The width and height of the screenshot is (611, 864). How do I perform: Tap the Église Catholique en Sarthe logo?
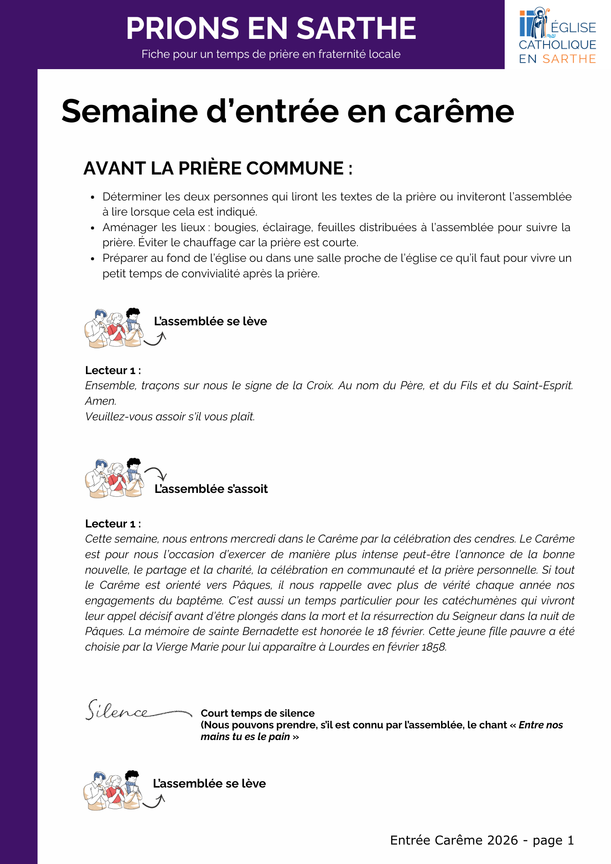(557, 35)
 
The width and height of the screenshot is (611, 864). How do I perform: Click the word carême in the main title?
(454, 111)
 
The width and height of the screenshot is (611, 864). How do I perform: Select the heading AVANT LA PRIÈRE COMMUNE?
(218, 168)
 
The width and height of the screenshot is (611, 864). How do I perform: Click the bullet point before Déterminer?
(92, 197)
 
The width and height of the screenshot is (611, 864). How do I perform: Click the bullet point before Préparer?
(92, 259)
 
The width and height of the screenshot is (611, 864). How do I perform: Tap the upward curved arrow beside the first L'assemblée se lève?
(156, 339)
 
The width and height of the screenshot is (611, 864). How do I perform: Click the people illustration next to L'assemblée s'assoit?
(114, 478)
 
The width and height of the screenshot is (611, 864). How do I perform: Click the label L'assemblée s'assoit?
(211, 489)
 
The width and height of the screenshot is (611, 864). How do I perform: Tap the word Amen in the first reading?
(100, 401)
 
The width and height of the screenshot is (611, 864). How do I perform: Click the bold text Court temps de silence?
(258, 713)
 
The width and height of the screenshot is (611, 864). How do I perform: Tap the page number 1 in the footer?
(570, 840)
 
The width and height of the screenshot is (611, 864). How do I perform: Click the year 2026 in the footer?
(502, 840)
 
